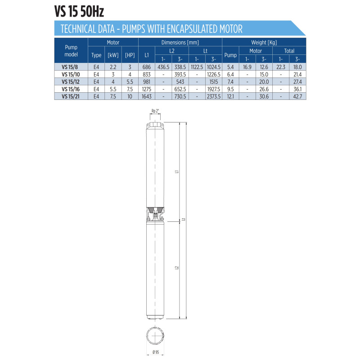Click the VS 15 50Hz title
[79, 12]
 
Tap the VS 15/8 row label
[70, 67]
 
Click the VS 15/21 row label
[71, 96]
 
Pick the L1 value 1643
[147, 96]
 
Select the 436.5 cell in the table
[163, 67]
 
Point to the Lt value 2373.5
[213, 96]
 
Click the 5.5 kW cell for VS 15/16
[113, 89]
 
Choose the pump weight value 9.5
[230, 89]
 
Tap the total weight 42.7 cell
[297, 96]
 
